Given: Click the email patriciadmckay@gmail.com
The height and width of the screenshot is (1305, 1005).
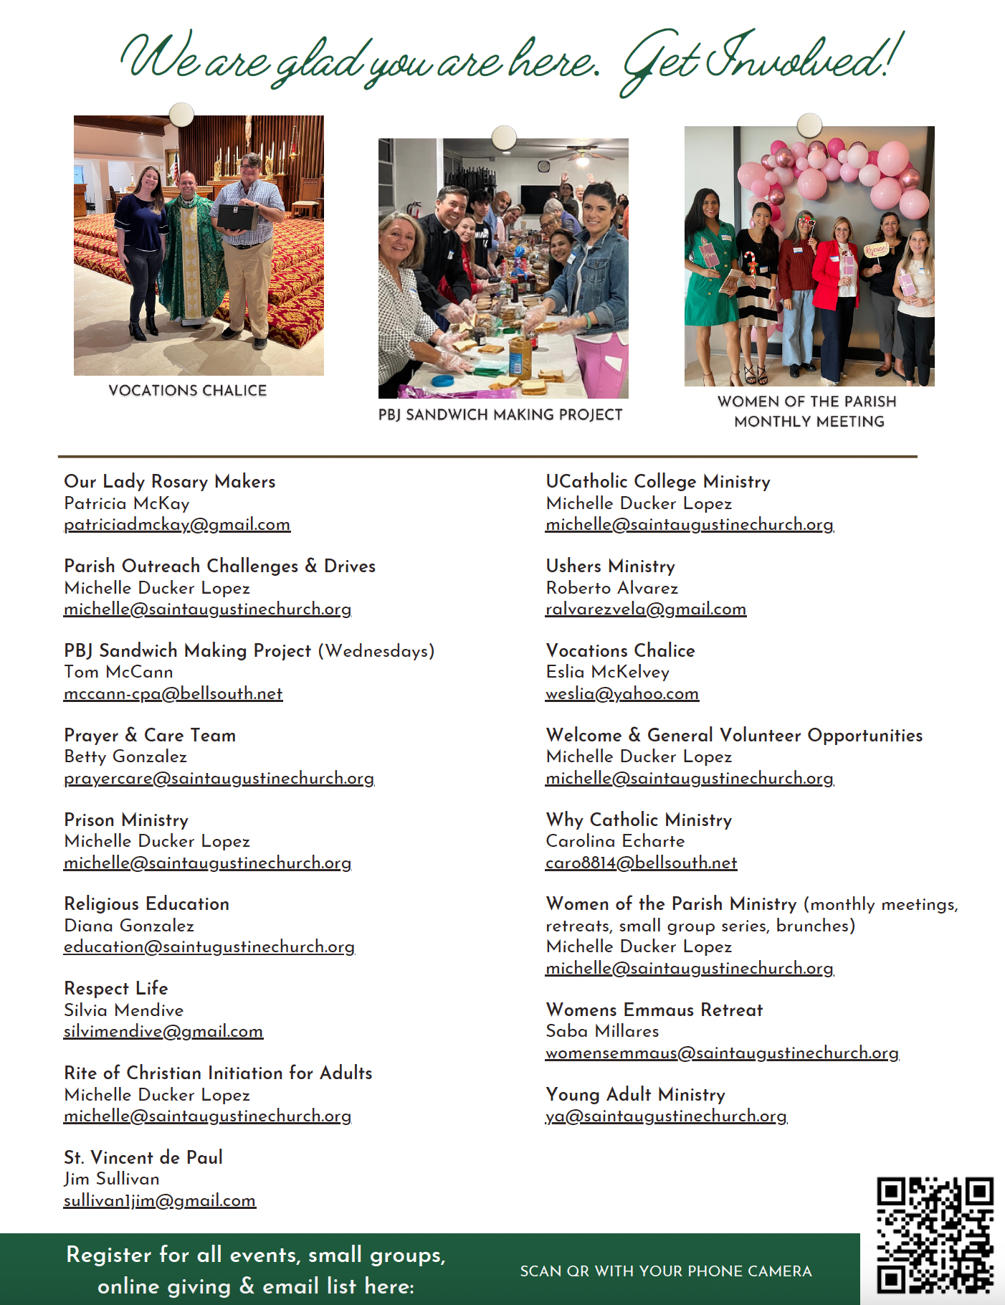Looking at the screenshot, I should click(x=177, y=525).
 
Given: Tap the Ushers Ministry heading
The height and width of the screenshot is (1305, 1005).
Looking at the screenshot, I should click(x=610, y=566).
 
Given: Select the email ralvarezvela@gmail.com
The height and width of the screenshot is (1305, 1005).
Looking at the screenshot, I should click(x=645, y=609).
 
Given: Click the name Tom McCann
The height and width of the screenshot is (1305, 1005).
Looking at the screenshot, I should click(x=118, y=672).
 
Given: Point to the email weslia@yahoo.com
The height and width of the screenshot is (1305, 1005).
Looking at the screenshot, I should click(x=621, y=694).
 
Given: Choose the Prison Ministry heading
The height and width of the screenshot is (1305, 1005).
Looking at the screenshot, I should click(x=126, y=820).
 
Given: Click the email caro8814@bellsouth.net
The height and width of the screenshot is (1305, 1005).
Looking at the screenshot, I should click(x=641, y=863).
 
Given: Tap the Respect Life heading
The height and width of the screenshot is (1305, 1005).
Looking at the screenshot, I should click(x=115, y=988).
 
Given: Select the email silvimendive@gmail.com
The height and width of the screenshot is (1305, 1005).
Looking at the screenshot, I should click(x=163, y=1032).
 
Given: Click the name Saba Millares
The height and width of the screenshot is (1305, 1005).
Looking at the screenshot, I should click(x=602, y=1031).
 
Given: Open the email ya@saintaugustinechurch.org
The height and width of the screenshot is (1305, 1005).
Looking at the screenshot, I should click(x=666, y=1116).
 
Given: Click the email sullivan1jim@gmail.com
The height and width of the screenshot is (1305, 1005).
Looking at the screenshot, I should click(x=159, y=1201).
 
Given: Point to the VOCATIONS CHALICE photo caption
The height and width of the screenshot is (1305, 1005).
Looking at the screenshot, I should click(x=187, y=391).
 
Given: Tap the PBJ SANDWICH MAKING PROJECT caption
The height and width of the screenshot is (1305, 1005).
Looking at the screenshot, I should click(x=500, y=414).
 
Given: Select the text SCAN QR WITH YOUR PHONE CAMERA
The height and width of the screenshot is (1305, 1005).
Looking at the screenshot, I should click(x=665, y=1271).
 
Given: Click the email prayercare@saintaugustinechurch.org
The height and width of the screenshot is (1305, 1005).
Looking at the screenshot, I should click(x=219, y=779).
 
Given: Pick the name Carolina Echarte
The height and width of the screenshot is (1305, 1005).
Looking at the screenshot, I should click(x=615, y=841).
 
